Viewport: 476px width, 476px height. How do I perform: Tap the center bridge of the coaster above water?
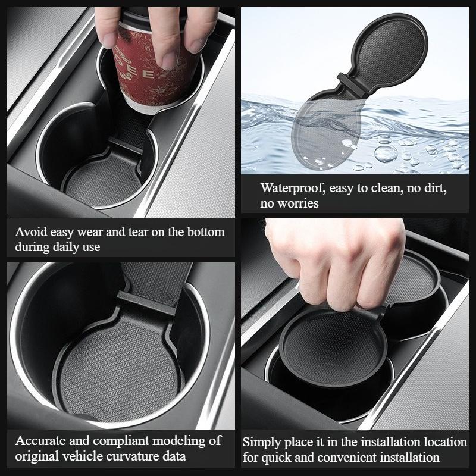(353, 83)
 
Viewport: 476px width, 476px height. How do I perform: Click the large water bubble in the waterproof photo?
(386, 154)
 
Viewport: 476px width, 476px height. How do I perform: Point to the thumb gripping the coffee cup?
(108, 27)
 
